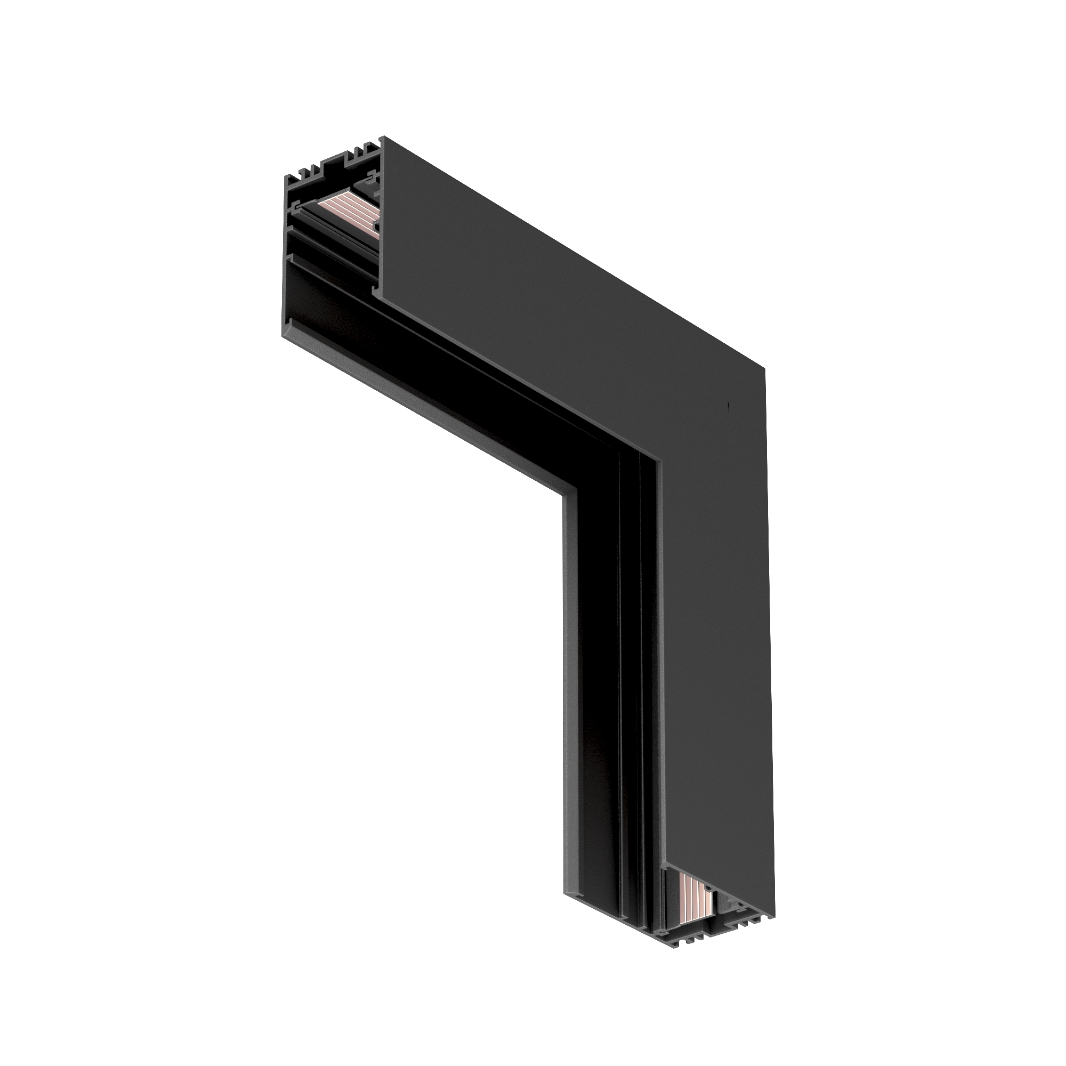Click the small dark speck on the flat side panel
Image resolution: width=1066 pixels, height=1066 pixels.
(x=729, y=408)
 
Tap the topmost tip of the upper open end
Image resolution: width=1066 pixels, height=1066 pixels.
(x=383, y=137)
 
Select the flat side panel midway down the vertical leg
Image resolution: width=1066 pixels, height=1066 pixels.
(x=717, y=690)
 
